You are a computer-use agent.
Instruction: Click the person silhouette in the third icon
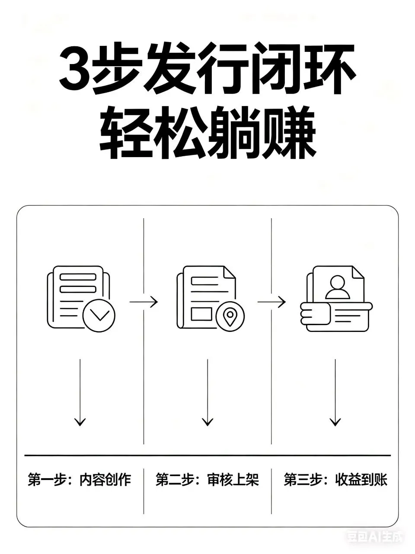[338, 287]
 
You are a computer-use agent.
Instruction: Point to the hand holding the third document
[314, 314]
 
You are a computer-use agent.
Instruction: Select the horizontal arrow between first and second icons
[144, 302]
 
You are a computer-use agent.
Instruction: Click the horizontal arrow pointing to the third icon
[272, 302]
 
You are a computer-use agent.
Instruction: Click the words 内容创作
[105, 480]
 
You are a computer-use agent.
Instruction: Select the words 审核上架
[233, 480]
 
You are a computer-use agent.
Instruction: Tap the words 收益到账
[361, 480]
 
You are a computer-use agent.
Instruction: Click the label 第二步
[174, 480]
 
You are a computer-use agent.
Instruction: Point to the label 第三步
[302, 480]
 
